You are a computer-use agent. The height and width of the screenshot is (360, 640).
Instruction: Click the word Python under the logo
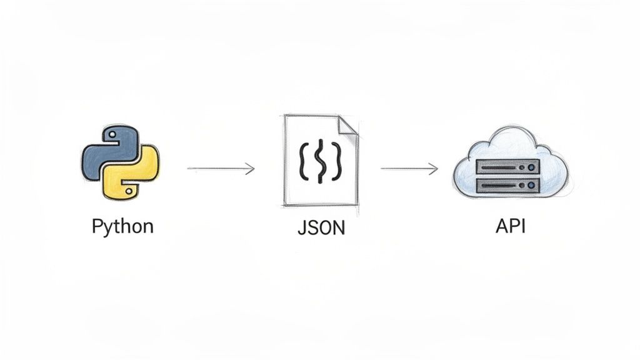122,226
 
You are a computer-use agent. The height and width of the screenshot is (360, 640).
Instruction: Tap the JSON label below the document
321,227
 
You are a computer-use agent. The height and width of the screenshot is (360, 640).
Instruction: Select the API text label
510,226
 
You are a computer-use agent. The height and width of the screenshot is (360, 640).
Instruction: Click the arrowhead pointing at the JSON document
250,168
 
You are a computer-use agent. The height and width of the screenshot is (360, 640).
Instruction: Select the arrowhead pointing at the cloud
433,168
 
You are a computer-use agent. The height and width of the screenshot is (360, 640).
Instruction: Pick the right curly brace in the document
336,162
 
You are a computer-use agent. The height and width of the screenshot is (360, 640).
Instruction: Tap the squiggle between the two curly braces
320,162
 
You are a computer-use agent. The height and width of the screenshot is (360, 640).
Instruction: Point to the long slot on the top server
497,166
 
